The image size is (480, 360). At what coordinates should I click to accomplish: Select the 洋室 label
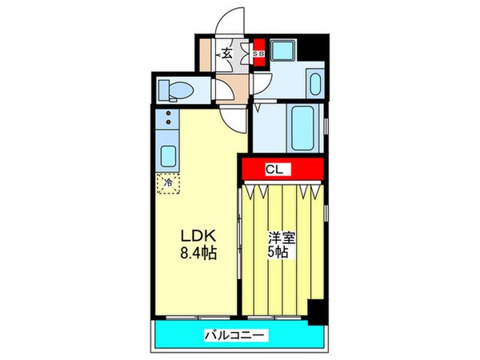click(279, 238)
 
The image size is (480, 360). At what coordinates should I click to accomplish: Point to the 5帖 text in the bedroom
click(279, 253)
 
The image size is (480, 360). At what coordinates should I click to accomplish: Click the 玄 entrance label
click(226, 54)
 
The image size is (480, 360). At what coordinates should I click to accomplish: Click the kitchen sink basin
click(168, 154)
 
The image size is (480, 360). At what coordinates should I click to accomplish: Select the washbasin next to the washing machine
click(313, 84)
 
